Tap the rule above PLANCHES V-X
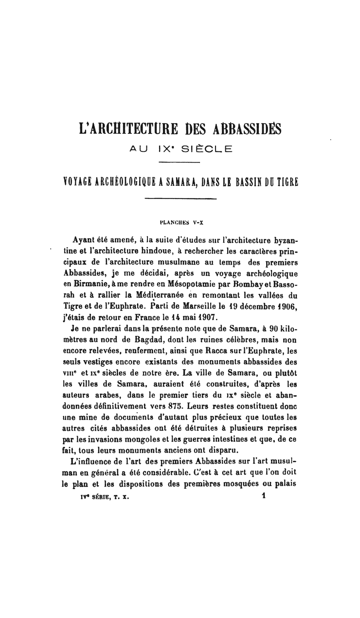coord(180,198)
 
